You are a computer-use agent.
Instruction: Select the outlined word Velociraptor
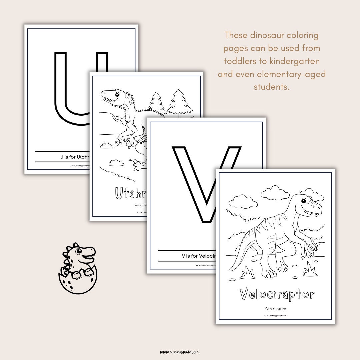[277, 294]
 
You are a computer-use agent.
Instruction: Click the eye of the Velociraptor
[304, 201]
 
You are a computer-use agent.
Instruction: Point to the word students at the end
[271, 87]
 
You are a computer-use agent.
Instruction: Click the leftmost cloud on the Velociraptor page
[243, 201]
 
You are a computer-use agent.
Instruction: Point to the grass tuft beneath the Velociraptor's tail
[247, 273]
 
